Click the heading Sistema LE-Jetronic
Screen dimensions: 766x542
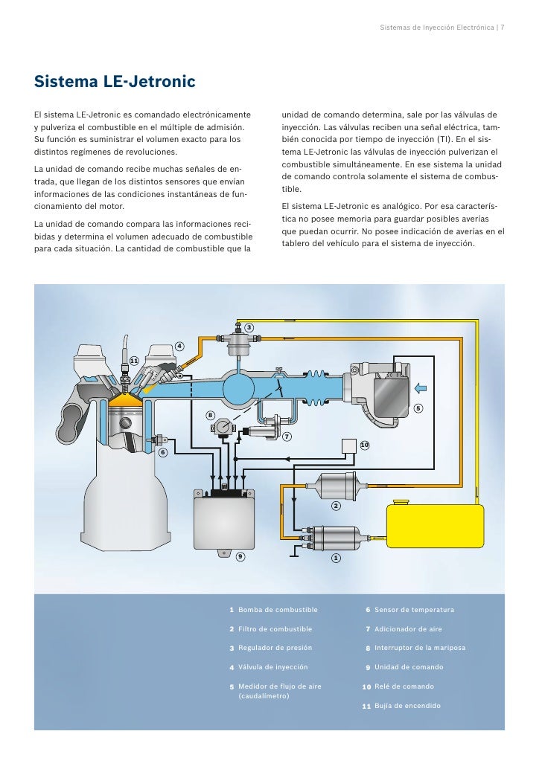coord(115,80)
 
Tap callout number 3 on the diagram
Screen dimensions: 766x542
coord(249,328)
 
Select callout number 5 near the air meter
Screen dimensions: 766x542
coord(418,408)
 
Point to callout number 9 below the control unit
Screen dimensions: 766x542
coord(240,556)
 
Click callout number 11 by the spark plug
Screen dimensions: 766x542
coord(134,361)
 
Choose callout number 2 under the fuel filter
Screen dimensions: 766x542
coord(335,506)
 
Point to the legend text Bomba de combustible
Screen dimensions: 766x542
coord(277,610)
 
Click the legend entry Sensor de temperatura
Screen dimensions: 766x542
coord(414,610)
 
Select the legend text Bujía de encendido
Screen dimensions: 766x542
coord(407,705)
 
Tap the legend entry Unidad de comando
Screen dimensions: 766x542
coord(409,667)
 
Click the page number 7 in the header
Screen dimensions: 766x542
coord(503,28)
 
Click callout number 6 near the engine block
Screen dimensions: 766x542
coord(162,452)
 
